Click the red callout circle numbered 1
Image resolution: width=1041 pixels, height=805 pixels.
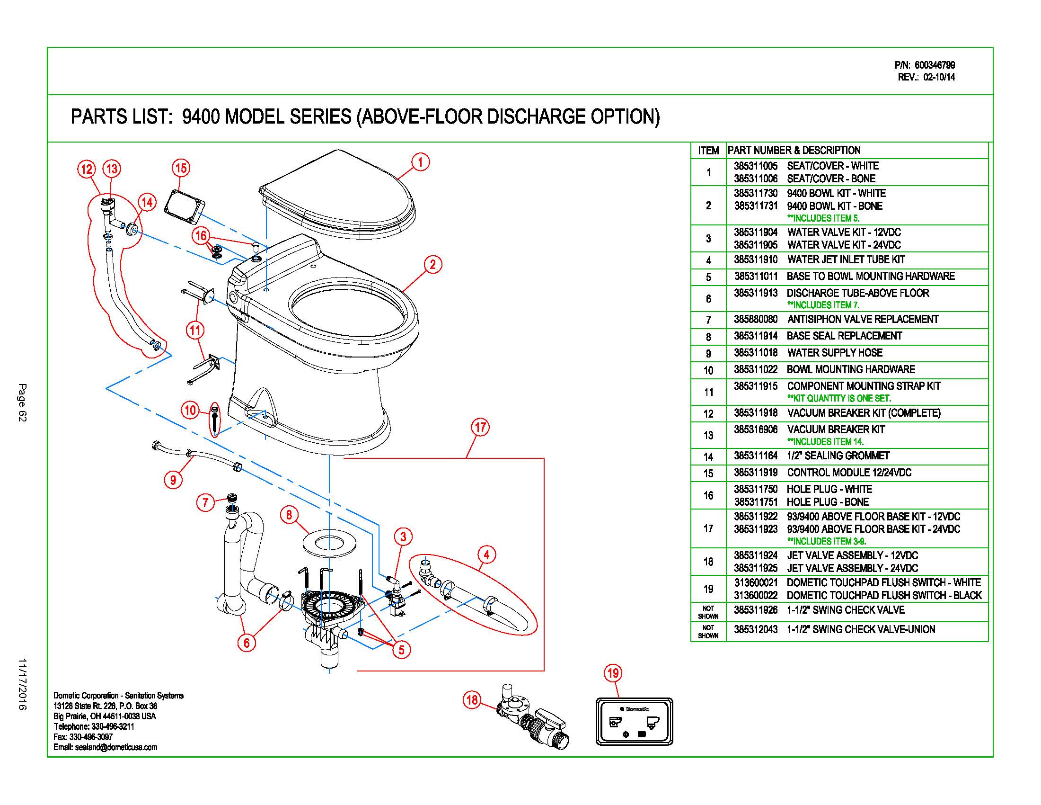click(x=420, y=162)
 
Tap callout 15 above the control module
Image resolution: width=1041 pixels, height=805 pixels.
click(x=181, y=168)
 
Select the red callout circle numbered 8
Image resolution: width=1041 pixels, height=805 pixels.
click(x=289, y=515)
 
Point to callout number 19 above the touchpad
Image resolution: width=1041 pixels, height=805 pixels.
click(x=613, y=673)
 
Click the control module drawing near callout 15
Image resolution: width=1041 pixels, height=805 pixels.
click(x=185, y=206)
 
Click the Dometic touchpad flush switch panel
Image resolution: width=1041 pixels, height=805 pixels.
click(x=634, y=722)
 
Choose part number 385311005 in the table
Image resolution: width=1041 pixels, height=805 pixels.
click(x=756, y=166)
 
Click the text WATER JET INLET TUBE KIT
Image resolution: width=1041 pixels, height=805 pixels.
click(x=846, y=260)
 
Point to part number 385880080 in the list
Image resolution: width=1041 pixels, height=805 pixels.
click(x=756, y=320)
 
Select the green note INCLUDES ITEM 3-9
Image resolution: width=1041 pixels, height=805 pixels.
click(x=827, y=541)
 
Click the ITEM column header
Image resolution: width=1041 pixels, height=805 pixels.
click(x=708, y=151)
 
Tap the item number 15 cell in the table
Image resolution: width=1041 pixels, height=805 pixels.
click(x=708, y=474)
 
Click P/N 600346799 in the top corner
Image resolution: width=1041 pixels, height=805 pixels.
click(x=925, y=65)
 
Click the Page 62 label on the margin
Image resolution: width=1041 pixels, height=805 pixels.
click(x=22, y=402)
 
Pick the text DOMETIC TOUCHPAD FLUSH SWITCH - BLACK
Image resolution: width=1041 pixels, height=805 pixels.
click(x=884, y=596)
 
